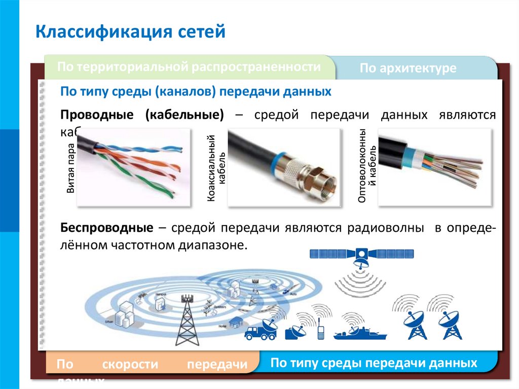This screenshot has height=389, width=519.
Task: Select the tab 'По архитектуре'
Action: pyautogui.click(x=408, y=68)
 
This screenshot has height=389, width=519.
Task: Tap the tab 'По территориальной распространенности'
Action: pyautogui.click(x=189, y=67)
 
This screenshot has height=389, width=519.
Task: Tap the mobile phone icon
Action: pyautogui.click(x=321, y=333)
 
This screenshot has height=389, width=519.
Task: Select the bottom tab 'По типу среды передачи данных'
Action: pyautogui.click(x=374, y=363)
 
